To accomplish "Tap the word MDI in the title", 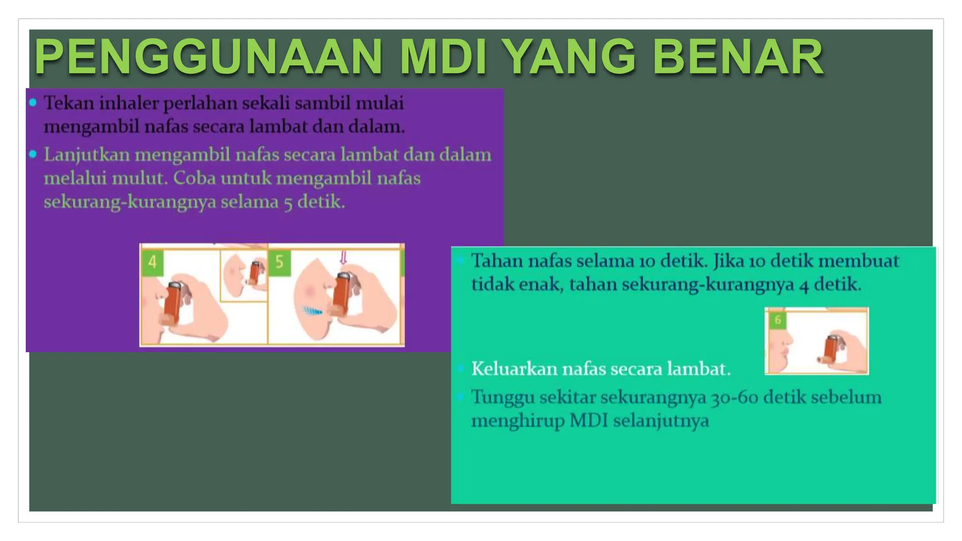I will click(443, 57).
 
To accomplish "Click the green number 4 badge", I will click(152, 262).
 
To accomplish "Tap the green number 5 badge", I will click(279, 262).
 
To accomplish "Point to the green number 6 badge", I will click(778, 320).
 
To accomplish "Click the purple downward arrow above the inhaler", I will click(343, 257).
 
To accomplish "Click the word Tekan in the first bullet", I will click(69, 103).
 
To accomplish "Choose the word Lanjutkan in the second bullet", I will click(86, 155).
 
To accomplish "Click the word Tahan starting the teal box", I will click(497, 261).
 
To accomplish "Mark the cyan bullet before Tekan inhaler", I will click(33, 103).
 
